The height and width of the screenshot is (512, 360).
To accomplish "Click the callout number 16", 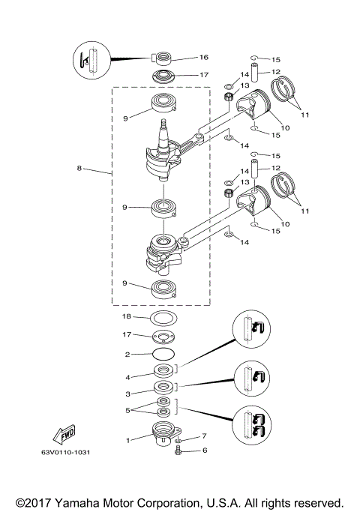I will coord(182,57).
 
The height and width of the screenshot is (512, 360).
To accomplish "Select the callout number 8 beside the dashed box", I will coord(79,169).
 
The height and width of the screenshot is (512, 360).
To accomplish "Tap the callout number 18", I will coord(127,318).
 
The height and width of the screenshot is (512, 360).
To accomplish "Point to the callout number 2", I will coord(127,354).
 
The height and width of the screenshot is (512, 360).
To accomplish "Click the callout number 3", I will coord(127,393).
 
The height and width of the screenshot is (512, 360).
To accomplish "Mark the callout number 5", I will coord(127,410).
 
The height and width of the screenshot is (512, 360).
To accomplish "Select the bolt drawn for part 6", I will coord(180,451).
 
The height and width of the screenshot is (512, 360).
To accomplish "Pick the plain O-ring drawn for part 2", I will coord(163,353).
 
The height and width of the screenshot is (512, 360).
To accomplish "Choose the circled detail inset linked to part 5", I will coord(251,425).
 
